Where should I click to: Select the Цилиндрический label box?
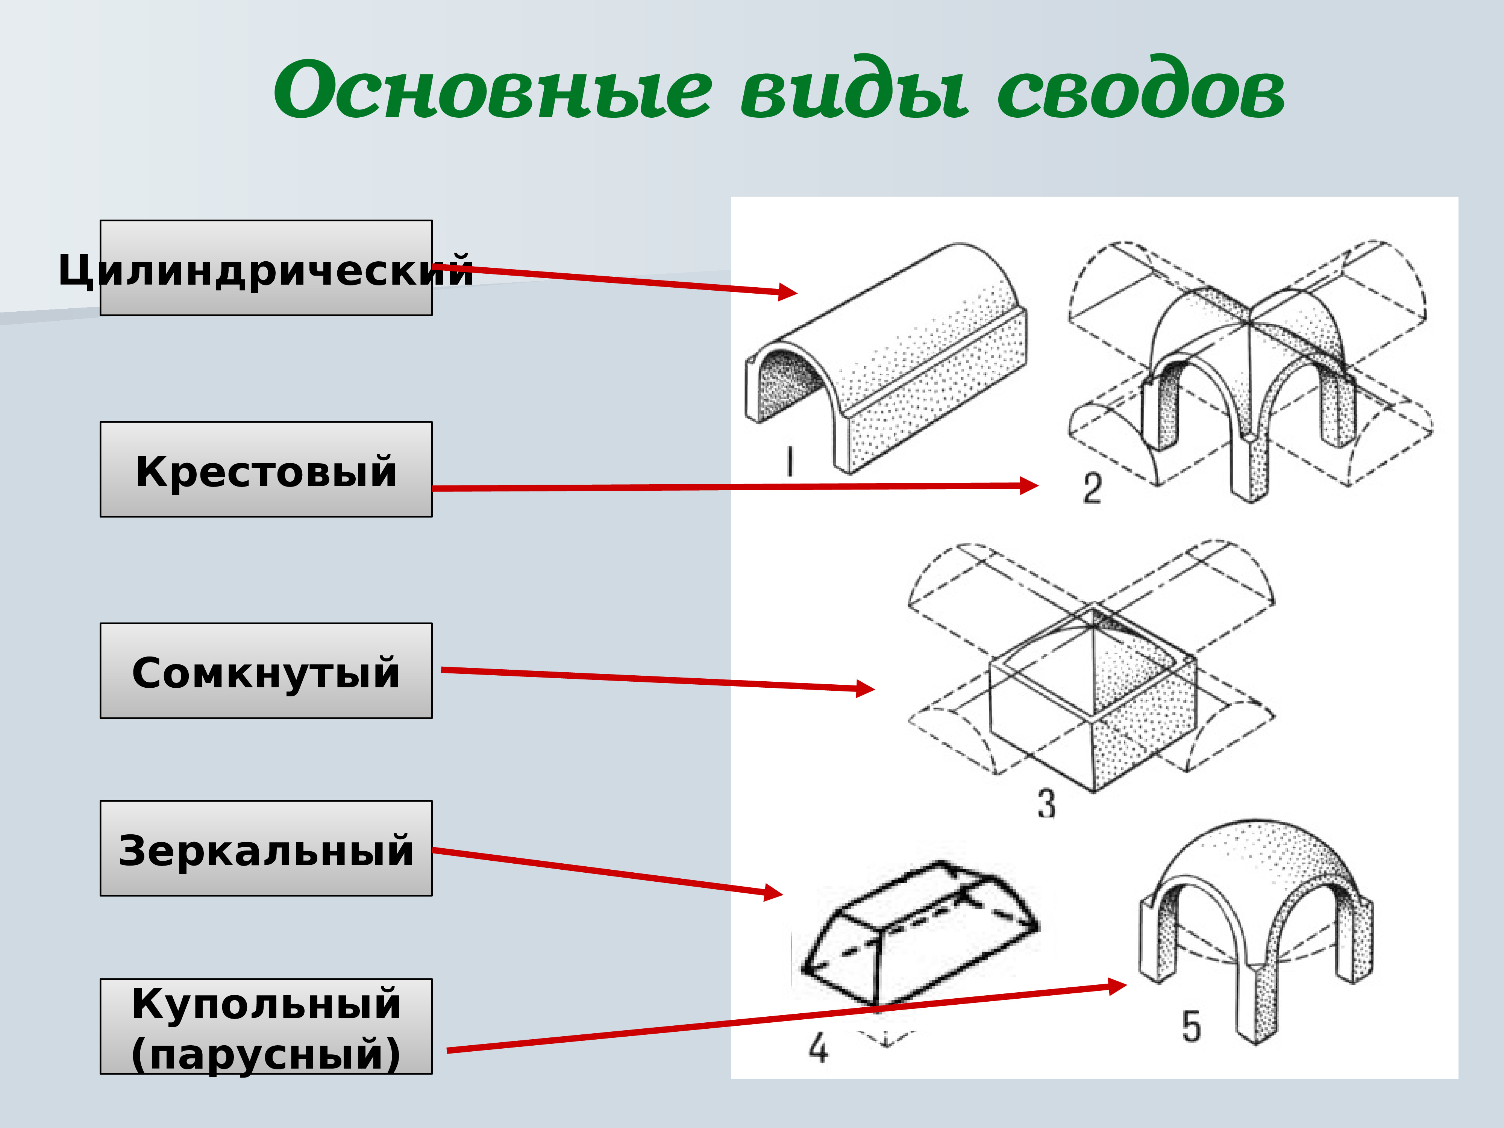coord(266,268)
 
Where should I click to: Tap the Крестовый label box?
coord(266,469)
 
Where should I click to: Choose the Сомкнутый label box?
coord(266,670)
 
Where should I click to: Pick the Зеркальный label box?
coord(266,848)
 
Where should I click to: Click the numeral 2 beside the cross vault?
coord(1092,488)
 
